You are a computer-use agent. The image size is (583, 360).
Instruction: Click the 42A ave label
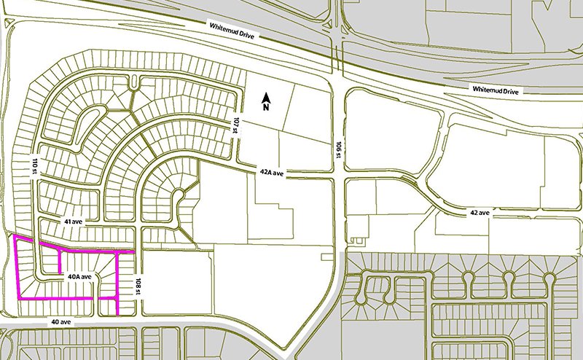click(x=271, y=173)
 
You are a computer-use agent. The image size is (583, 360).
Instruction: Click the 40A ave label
click(x=79, y=277)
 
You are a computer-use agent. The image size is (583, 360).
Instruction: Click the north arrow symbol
click(x=267, y=98)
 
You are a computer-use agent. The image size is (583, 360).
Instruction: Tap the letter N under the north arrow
click(x=267, y=108)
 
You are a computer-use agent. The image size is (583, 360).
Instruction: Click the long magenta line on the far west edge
click(x=17, y=270)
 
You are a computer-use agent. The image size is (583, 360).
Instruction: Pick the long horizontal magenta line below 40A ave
click(x=66, y=299)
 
